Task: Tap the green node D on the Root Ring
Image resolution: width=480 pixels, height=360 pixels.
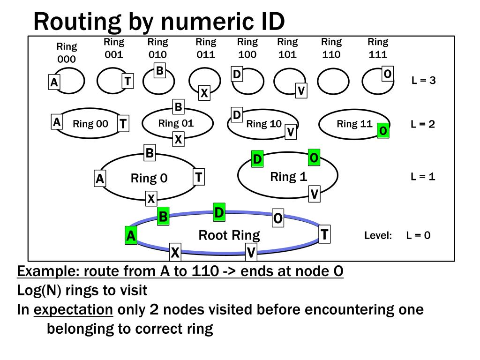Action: (219, 212)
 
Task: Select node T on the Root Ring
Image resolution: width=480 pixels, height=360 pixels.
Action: (324, 234)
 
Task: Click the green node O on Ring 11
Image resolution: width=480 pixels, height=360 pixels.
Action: (383, 130)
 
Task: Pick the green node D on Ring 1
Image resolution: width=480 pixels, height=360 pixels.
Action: (257, 159)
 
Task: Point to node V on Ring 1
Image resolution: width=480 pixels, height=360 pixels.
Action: (315, 193)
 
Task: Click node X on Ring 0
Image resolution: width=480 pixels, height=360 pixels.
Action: (151, 199)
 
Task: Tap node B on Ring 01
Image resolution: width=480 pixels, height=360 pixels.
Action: (178, 107)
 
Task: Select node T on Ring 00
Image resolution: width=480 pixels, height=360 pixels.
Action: (123, 124)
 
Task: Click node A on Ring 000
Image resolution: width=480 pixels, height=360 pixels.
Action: (54, 82)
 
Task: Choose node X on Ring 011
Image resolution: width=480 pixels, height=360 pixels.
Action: (204, 93)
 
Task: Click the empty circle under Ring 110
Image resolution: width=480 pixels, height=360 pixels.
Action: (333, 82)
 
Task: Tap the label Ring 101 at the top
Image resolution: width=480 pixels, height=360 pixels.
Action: (287, 48)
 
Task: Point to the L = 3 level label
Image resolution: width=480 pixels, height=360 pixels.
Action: (423, 80)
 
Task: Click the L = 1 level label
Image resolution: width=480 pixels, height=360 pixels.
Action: (423, 177)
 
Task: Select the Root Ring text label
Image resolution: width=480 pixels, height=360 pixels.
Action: (229, 235)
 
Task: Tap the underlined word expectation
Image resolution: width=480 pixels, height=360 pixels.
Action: (74, 310)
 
